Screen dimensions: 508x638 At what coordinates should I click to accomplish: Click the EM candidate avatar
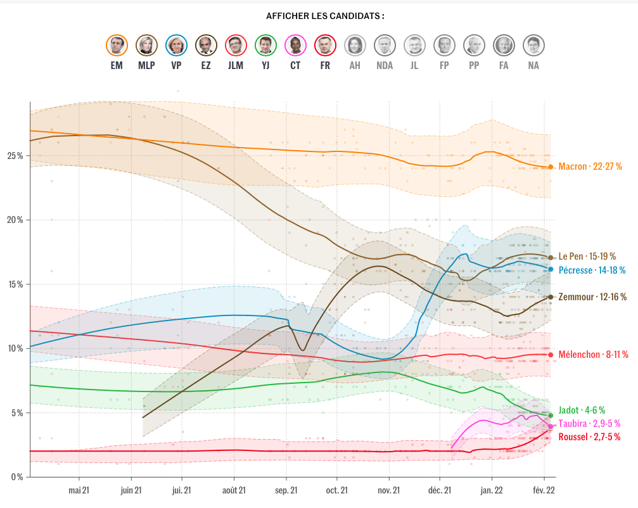point(117,45)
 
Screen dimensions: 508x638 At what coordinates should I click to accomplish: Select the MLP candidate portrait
point(146,45)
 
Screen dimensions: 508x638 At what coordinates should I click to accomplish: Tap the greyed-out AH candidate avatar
point(355,45)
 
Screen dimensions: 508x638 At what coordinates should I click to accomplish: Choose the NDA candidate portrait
point(384,45)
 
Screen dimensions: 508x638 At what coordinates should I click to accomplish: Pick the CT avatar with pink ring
point(295,45)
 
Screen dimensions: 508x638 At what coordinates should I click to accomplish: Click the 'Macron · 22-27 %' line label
point(590,167)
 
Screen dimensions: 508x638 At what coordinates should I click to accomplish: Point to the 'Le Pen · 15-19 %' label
point(587,257)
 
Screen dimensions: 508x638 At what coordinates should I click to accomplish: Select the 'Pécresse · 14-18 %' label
point(592,270)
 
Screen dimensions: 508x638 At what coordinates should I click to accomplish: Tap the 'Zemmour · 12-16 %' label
point(592,296)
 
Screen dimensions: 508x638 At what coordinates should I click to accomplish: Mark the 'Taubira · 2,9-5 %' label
point(589,424)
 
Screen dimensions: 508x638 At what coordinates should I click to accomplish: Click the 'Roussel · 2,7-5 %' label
point(589,437)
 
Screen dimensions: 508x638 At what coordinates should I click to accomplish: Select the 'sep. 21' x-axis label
point(286,490)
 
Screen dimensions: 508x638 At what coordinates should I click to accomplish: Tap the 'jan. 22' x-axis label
point(492,490)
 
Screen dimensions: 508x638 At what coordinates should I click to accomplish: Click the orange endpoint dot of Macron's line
point(551,167)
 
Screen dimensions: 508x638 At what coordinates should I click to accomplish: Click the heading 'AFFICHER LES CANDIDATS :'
point(325,16)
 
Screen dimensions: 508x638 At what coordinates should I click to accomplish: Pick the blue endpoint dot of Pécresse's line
point(551,269)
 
